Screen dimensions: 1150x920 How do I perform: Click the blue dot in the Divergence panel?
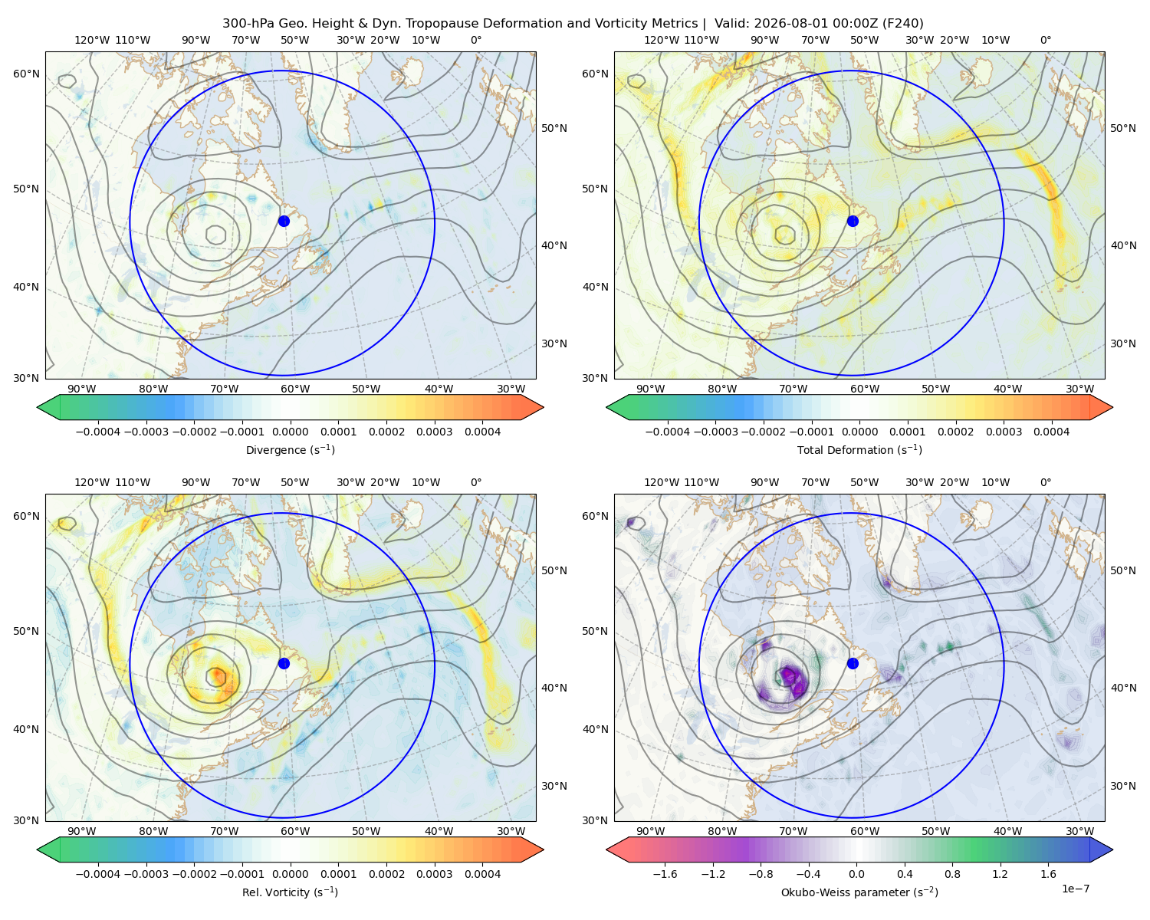coord(284,221)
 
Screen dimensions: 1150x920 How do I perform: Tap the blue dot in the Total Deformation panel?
coord(853,221)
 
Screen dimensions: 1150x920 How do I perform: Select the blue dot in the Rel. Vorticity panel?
coord(284,663)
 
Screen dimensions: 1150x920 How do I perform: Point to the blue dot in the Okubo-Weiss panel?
coord(853,663)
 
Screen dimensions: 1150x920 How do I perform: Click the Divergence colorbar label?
coord(290,449)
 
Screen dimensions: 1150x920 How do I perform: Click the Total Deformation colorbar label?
coord(859,449)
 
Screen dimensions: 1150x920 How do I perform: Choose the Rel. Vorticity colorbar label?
coord(290,892)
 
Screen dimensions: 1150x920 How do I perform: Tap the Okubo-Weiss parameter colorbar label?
coord(859,892)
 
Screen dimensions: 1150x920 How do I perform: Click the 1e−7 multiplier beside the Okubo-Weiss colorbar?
coord(1075,889)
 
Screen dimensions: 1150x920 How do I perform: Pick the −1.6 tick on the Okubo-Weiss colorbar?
coord(665,873)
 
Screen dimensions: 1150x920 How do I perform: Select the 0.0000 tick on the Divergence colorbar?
coord(290,432)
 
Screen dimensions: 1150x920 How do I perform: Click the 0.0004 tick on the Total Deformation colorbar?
coord(1051,432)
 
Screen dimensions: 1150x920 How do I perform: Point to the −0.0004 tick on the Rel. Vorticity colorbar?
coord(98,873)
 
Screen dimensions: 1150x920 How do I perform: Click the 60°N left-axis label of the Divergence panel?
coord(26,74)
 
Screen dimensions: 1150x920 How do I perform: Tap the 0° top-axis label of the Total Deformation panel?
coord(1045,40)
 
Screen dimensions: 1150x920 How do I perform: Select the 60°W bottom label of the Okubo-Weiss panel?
coord(864,831)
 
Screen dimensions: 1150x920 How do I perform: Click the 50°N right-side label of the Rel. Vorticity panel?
coord(554,570)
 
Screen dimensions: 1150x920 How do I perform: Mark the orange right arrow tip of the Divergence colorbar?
coord(543,407)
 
